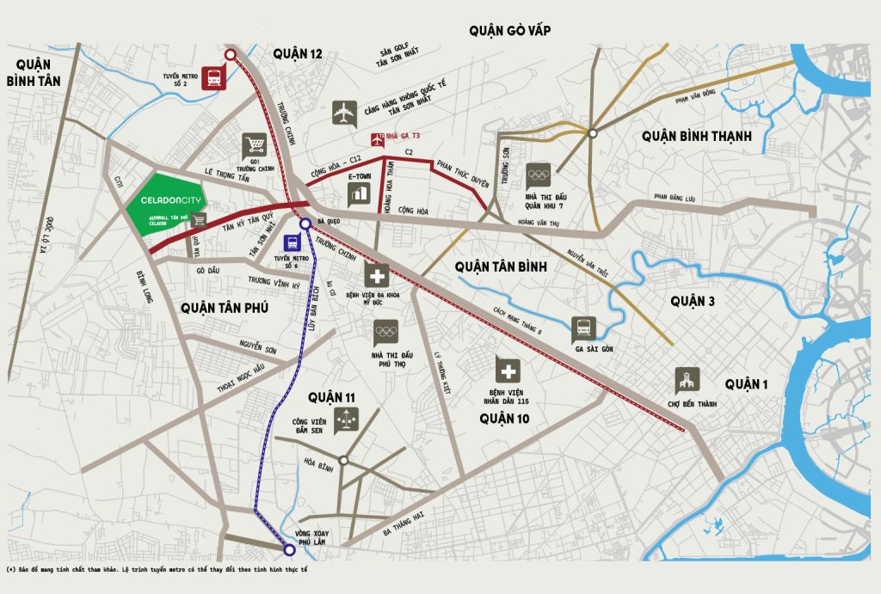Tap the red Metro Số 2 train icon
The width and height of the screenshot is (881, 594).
click(x=212, y=77)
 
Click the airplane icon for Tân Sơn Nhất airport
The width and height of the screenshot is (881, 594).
click(x=344, y=113)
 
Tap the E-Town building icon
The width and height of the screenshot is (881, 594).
click(x=358, y=194)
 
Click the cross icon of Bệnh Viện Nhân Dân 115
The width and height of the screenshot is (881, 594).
click(x=508, y=370)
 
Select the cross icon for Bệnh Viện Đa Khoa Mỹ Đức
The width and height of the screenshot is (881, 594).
click(x=376, y=276)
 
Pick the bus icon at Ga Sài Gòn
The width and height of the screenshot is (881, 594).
click(x=583, y=328)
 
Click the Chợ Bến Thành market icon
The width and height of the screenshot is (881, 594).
click(x=687, y=380)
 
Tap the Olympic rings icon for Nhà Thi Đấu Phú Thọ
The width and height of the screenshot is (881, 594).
click(x=386, y=332)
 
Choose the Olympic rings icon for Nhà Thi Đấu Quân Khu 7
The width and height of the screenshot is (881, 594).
click(x=538, y=175)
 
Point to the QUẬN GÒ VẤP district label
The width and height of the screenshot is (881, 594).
click(x=510, y=31)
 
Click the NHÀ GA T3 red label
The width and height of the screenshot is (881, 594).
click(x=403, y=136)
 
